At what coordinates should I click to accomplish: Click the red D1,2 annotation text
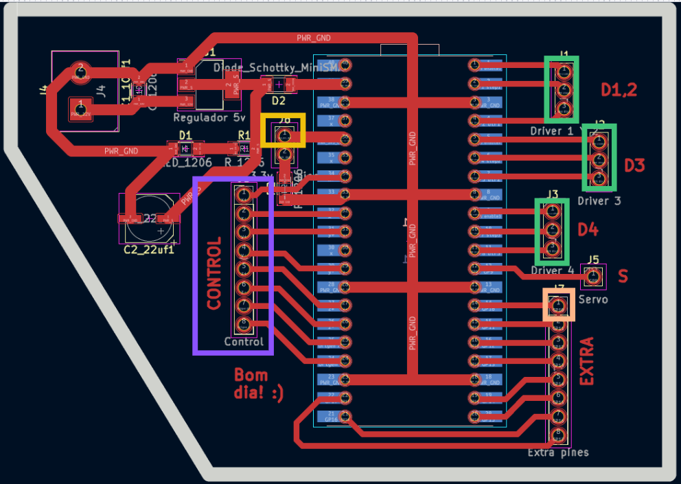click(619, 89)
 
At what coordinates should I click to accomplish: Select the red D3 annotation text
click(634, 165)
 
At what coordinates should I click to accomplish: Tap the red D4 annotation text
click(588, 230)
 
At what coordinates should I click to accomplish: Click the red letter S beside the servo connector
click(623, 276)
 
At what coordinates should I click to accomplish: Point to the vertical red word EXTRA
click(587, 361)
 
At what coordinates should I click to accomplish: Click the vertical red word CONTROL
click(214, 273)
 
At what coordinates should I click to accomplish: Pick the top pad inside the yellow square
click(283, 135)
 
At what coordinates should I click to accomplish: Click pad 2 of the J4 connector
click(81, 69)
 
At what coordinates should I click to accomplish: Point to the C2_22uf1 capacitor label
click(148, 249)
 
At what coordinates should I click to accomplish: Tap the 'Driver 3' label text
click(599, 201)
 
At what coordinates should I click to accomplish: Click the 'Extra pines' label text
click(557, 452)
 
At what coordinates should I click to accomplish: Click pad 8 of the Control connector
click(243, 324)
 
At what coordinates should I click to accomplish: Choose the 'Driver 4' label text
click(552, 270)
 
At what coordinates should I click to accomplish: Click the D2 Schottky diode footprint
click(279, 85)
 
